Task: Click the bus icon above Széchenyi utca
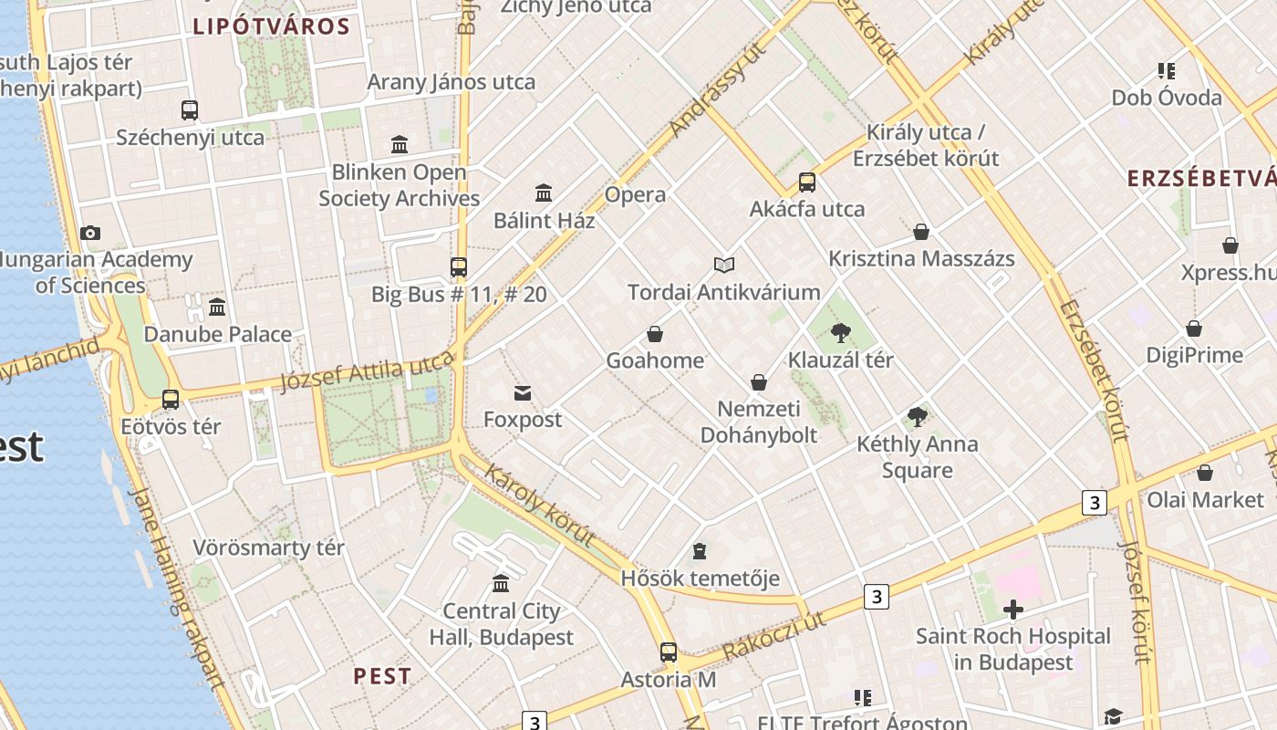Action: point(189,110)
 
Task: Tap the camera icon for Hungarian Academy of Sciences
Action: point(89,233)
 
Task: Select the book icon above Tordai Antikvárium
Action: point(724,265)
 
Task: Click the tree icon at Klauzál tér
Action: point(841,332)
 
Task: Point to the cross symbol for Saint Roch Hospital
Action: point(1012,609)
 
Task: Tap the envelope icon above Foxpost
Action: point(523,392)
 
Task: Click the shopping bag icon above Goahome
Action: point(655,334)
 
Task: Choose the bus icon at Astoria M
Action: point(669,652)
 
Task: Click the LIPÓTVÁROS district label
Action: point(271,26)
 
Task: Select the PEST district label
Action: point(382,676)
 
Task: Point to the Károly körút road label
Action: point(539,506)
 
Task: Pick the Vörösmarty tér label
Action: point(268,548)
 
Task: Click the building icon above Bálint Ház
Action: point(544,193)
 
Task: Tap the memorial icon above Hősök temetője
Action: point(700,551)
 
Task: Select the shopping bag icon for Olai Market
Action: point(1204,473)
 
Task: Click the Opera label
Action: point(635,194)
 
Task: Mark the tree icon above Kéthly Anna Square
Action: point(918,417)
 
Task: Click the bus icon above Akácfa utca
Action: point(807,182)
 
